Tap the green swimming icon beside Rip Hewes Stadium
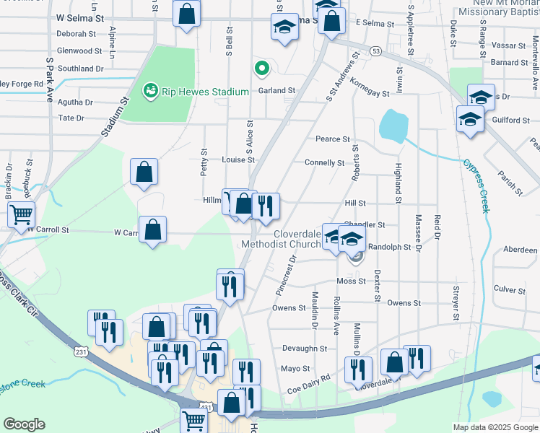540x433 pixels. click(x=151, y=91)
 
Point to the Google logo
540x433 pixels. click(x=24, y=424)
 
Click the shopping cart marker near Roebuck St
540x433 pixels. click(x=22, y=214)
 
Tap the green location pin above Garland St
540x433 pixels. click(x=261, y=69)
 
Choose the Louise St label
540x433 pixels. click(x=238, y=159)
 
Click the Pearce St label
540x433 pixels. click(x=332, y=139)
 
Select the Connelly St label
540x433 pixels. click(x=324, y=163)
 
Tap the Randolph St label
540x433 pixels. click(x=389, y=247)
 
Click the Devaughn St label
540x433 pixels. click(x=305, y=349)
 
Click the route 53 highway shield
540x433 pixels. click(x=375, y=51)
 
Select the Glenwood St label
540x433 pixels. click(x=79, y=51)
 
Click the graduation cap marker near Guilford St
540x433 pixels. click(x=469, y=119)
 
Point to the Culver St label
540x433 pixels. click(x=510, y=289)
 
